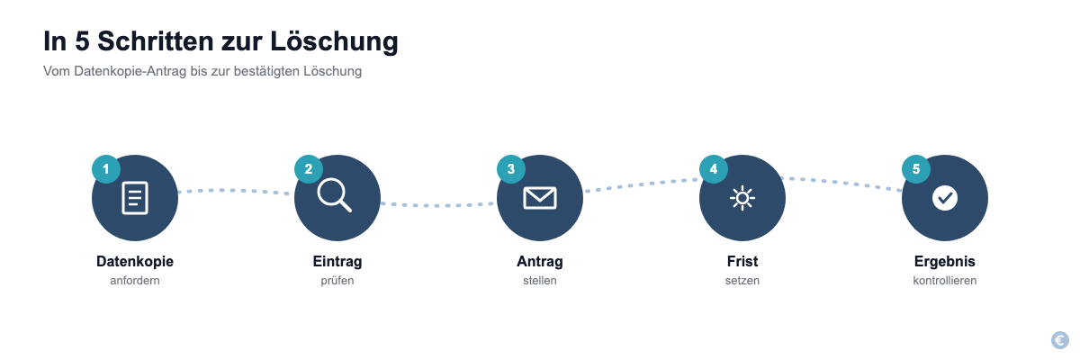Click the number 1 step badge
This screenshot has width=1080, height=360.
click(106, 169)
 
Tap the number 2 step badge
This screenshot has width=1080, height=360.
click(309, 169)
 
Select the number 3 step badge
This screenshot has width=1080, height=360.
click(511, 169)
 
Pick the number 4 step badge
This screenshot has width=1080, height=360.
click(714, 169)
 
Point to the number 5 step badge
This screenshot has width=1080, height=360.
click(916, 169)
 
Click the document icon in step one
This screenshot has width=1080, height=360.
click(135, 198)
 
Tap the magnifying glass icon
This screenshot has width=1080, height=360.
click(334, 194)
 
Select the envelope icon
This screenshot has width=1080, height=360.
click(540, 198)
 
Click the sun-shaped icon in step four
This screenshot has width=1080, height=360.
click(742, 198)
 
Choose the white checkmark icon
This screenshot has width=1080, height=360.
click(945, 198)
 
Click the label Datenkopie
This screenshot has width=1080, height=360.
click(135, 261)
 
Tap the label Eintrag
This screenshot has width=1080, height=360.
click(337, 261)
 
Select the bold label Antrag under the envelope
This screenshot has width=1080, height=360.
click(540, 261)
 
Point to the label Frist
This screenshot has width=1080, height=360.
click(742, 261)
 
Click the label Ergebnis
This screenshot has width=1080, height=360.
click(945, 261)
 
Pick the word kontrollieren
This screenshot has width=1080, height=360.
click(945, 281)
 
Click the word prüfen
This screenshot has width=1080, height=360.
click(337, 281)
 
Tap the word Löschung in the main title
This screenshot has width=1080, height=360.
click(334, 41)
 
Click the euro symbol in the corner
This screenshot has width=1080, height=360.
click(1060, 340)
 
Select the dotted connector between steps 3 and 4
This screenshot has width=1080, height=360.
click(641, 184)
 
